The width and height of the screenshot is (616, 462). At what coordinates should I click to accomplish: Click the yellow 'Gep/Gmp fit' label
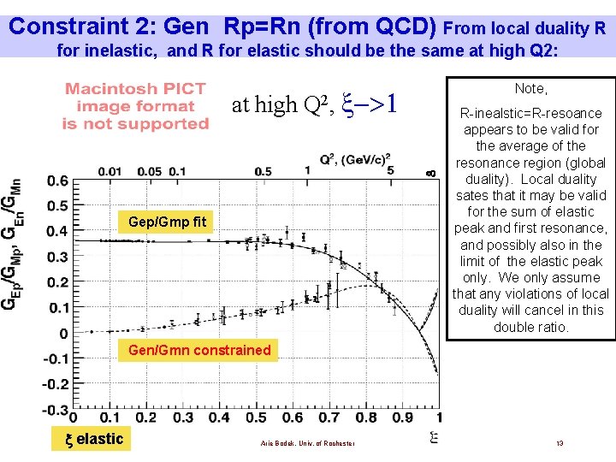pyautogui.click(x=167, y=222)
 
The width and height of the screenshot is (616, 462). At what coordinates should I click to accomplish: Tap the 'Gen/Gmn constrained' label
pyautogui.click(x=198, y=350)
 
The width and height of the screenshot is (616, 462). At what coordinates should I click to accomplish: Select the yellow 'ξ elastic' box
pyautogui.click(x=95, y=440)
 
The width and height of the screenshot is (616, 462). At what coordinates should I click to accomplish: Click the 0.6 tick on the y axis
pyautogui.click(x=57, y=181)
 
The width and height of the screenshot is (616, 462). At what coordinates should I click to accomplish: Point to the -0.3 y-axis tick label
pyautogui.click(x=56, y=410)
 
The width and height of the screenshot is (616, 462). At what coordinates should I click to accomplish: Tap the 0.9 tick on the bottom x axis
pyautogui.click(x=401, y=418)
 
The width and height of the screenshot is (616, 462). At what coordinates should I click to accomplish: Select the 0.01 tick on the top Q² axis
pyautogui.click(x=109, y=171)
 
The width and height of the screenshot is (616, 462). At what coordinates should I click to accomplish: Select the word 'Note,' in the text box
pyautogui.click(x=530, y=88)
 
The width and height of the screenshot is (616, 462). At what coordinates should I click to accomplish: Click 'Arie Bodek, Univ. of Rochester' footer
pyautogui.click(x=294, y=442)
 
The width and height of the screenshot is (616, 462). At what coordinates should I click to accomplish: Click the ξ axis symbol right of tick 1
pyautogui.click(x=435, y=437)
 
